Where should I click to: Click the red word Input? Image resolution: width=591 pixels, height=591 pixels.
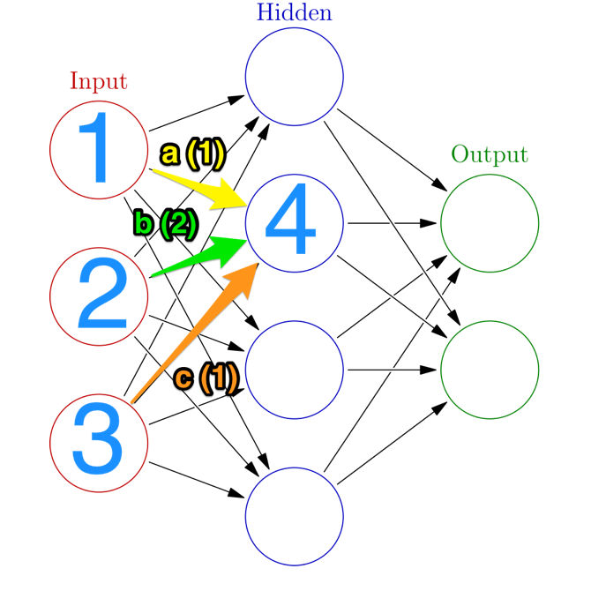coord(99,81)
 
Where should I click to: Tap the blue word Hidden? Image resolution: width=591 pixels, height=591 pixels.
coord(295,12)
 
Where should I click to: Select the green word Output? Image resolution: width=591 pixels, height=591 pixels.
coord(490,155)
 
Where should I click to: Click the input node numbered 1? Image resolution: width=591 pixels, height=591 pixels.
coord(99,149)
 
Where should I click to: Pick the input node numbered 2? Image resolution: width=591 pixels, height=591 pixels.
coord(99,296)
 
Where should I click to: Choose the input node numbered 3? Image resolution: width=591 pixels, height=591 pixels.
coord(99,443)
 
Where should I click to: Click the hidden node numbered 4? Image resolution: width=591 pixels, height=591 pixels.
coord(294,223)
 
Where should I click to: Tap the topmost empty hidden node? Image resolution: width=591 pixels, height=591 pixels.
coord(294,76)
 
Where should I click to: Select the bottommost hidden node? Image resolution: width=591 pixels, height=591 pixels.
coord(294,517)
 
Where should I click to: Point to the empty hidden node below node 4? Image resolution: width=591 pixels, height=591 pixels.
coord(294,370)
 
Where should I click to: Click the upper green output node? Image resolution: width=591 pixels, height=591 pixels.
coord(490,223)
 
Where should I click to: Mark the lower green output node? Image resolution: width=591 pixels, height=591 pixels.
coord(490,370)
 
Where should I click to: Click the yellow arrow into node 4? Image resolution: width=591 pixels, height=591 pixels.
coord(203,188)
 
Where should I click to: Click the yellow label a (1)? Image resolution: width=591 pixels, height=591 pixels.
coord(193,154)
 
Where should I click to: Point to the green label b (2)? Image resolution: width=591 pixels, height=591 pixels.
coord(165,224)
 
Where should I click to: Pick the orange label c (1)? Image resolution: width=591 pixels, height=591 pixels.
coord(206,378)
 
